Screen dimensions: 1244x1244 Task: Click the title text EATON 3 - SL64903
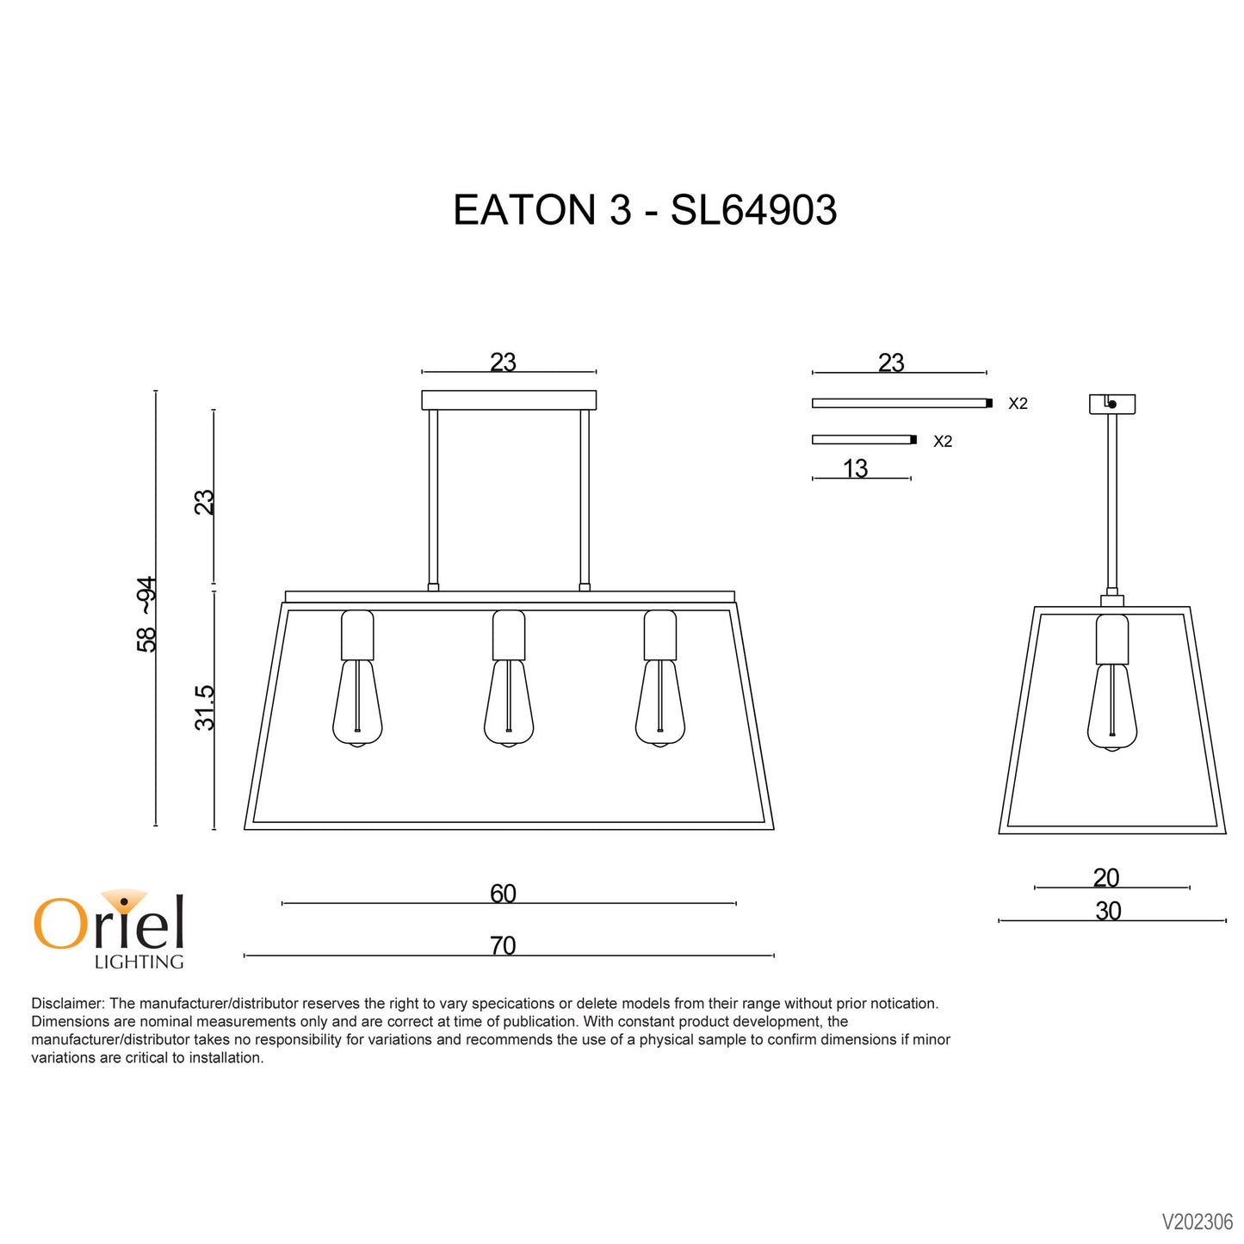pyautogui.click(x=644, y=210)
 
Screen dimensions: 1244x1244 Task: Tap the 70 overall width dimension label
pyautogui.click(x=503, y=946)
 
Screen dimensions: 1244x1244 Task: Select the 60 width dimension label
pyautogui.click(x=503, y=894)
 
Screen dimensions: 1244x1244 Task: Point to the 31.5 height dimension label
pyautogui.click(x=205, y=708)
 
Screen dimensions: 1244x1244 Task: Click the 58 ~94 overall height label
pyautogui.click(x=147, y=614)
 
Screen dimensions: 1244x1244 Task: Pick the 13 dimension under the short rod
pyautogui.click(x=856, y=468)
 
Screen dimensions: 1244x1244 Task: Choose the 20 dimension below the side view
pyautogui.click(x=1106, y=878)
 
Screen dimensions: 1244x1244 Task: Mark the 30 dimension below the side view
pyautogui.click(x=1108, y=911)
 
